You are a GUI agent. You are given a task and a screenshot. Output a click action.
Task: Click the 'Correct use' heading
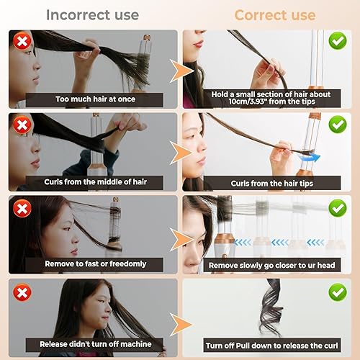pyautogui.click(x=274, y=14)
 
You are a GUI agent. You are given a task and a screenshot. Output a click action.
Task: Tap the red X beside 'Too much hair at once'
pyautogui.click(x=23, y=42)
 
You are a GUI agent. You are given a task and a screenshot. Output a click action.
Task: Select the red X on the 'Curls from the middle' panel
pyautogui.click(x=23, y=124)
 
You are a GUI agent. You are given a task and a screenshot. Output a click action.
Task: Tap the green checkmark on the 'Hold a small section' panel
pyautogui.click(x=337, y=41)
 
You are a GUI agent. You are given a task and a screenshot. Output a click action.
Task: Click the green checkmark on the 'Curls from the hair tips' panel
pyautogui.click(x=337, y=124)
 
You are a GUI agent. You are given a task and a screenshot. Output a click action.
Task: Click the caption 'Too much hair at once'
pyautogui.click(x=96, y=99)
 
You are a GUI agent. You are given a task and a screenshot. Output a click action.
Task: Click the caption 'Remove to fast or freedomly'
pyautogui.click(x=96, y=264)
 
